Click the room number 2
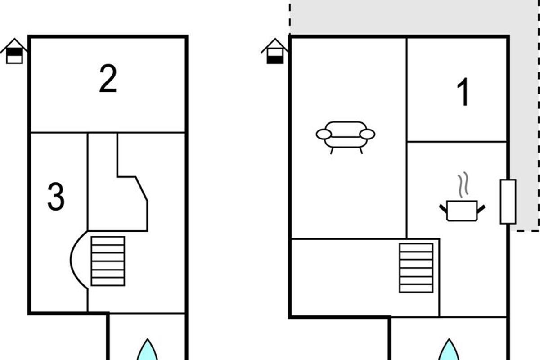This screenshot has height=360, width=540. point(108,78)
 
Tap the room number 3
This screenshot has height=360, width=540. point(56,197)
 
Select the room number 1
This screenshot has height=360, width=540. point(463,92)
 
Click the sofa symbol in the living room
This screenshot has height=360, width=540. point(346,137)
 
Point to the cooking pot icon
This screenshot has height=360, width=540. point(462,211)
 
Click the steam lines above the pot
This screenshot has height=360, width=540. point(463,184)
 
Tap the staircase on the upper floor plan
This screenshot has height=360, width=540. point(108,261)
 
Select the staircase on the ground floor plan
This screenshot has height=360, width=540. point(416,268)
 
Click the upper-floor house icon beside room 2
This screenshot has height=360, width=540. point(14,51)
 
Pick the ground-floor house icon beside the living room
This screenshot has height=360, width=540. point(275,51)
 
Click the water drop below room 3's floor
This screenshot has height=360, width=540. point(147,350)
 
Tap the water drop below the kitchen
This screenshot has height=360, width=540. point(449,350)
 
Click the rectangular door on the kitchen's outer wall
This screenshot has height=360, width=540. point(508,202)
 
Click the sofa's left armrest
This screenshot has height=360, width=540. point(324,134)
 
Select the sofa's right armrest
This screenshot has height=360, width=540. point(367,134)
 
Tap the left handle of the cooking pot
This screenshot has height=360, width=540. point(443,208)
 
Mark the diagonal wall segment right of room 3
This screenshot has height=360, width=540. point(141,189)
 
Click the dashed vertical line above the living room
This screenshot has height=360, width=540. point(290,18)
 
